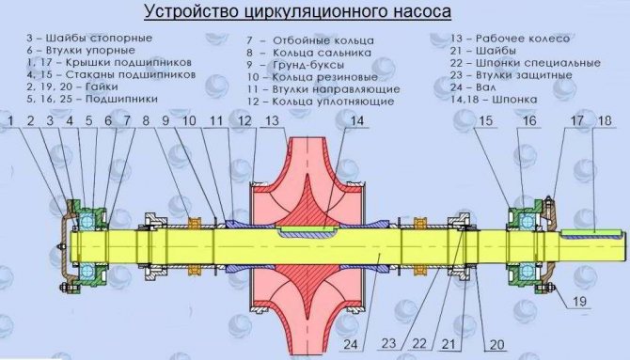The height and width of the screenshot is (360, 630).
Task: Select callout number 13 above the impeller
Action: [x=273, y=120]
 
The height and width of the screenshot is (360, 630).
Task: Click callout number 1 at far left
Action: [x=11, y=120]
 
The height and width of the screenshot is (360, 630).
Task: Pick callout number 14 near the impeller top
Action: [x=356, y=120]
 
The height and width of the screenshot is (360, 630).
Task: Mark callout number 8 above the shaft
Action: [x=147, y=120]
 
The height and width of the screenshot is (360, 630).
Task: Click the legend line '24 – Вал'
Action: [x=475, y=86]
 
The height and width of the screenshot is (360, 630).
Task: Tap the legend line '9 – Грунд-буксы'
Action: [x=296, y=66]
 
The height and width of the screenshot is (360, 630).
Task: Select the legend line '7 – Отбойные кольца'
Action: [x=309, y=41]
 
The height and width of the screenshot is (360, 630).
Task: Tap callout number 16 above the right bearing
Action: [x=529, y=120]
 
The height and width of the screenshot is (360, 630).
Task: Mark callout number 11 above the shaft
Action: [x=216, y=120]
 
